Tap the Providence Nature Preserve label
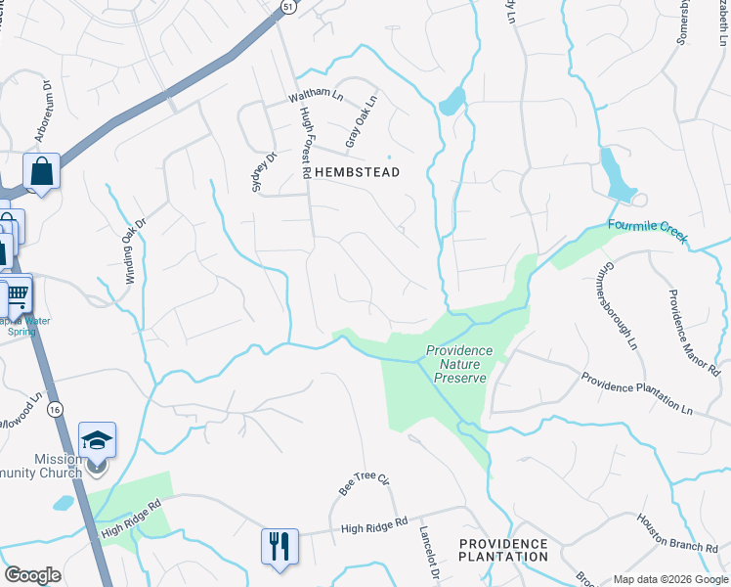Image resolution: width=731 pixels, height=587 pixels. click(458, 364)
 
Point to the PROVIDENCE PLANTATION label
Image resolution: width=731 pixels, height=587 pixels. click(503, 550)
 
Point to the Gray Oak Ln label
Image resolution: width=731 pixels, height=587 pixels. click(361, 122)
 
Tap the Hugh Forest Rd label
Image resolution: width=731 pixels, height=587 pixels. click(305, 143)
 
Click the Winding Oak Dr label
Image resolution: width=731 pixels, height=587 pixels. click(134, 250)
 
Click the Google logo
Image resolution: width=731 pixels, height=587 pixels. click(32, 575)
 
